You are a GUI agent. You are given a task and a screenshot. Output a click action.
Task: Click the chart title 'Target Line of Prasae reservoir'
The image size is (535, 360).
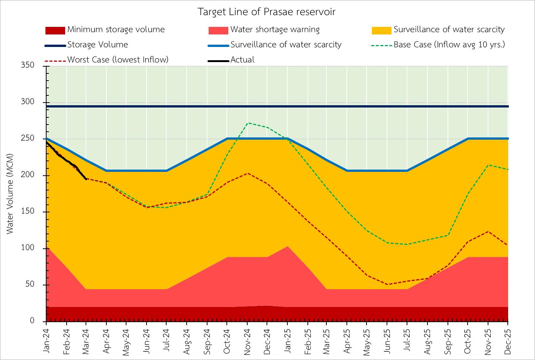[x=267, y=12]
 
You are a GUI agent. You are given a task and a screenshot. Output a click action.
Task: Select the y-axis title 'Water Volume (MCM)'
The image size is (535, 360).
[x=10, y=193]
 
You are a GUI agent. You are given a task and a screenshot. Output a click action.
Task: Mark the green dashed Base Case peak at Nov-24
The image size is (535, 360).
[x=247, y=123]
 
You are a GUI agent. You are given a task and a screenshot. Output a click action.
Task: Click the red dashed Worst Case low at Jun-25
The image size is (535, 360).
[x=387, y=284]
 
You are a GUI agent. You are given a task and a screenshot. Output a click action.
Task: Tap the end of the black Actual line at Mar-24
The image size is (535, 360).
[x=86, y=179]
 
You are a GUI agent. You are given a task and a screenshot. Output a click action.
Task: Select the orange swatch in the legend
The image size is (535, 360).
[x=381, y=30]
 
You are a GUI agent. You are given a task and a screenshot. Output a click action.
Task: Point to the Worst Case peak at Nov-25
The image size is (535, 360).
[x=488, y=231]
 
